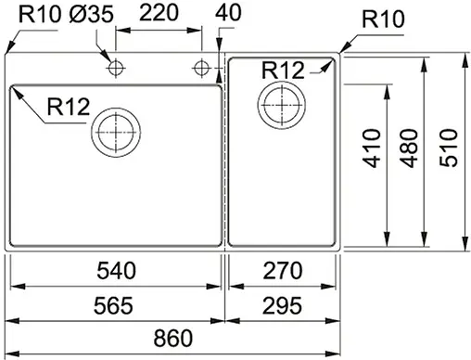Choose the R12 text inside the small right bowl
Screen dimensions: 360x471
click(x=284, y=69)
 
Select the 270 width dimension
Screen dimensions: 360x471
click(x=283, y=271)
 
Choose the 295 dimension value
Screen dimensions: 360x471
click(x=283, y=305)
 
